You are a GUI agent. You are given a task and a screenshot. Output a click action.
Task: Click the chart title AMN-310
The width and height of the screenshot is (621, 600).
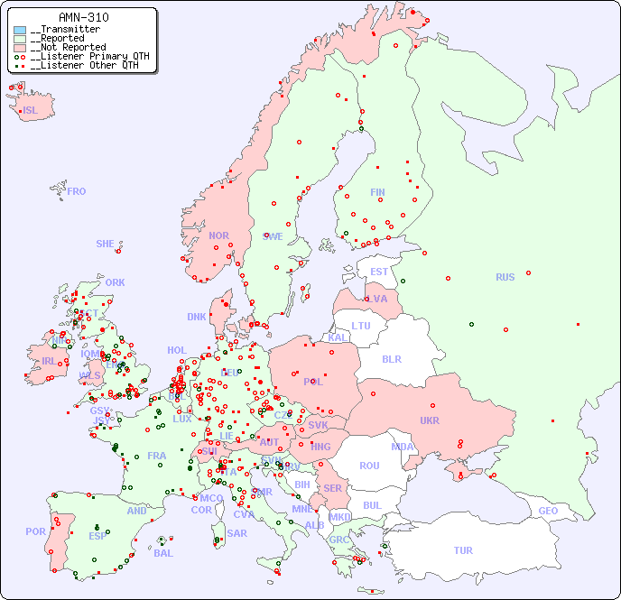click(x=83, y=17)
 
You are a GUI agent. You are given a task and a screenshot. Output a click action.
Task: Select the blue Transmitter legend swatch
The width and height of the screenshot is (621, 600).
click(x=20, y=30)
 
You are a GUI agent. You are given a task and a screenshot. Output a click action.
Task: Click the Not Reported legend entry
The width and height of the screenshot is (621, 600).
click(x=68, y=47)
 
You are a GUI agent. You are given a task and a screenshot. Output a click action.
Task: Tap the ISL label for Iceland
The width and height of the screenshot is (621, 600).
click(x=31, y=111)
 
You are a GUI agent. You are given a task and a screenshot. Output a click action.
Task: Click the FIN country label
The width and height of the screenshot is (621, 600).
click(x=377, y=192)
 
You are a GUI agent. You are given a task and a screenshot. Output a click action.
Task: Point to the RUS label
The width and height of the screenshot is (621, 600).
click(x=505, y=277)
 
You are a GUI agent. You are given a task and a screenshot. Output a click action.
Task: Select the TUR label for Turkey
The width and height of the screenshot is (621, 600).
click(x=463, y=550)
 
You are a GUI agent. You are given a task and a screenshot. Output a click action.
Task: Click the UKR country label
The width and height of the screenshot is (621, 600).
click(x=429, y=420)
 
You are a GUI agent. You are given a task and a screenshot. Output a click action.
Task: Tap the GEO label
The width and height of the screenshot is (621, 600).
click(x=548, y=511)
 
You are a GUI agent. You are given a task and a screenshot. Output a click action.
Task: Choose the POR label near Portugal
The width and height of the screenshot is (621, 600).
click(x=35, y=531)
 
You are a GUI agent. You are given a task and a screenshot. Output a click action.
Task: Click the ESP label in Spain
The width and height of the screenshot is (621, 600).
click(x=97, y=535)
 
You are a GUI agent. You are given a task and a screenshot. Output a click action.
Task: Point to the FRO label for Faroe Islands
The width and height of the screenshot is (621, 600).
click(x=77, y=191)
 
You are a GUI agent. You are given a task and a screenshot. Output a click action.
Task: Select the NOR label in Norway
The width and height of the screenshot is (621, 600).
click(x=218, y=235)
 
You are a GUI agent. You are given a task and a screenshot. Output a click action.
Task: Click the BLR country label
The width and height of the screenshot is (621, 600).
click(x=391, y=358)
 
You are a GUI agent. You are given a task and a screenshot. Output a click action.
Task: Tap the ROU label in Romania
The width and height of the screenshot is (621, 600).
click(x=369, y=466)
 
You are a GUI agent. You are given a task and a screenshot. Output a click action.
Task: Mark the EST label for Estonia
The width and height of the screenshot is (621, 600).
click(x=379, y=272)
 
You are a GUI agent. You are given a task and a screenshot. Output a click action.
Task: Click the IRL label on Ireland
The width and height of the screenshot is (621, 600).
click(x=48, y=360)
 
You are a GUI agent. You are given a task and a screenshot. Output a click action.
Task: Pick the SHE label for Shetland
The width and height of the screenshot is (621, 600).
click(x=106, y=244)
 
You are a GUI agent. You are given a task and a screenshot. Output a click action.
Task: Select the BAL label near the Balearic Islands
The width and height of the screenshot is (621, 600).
click(x=162, y=553)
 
